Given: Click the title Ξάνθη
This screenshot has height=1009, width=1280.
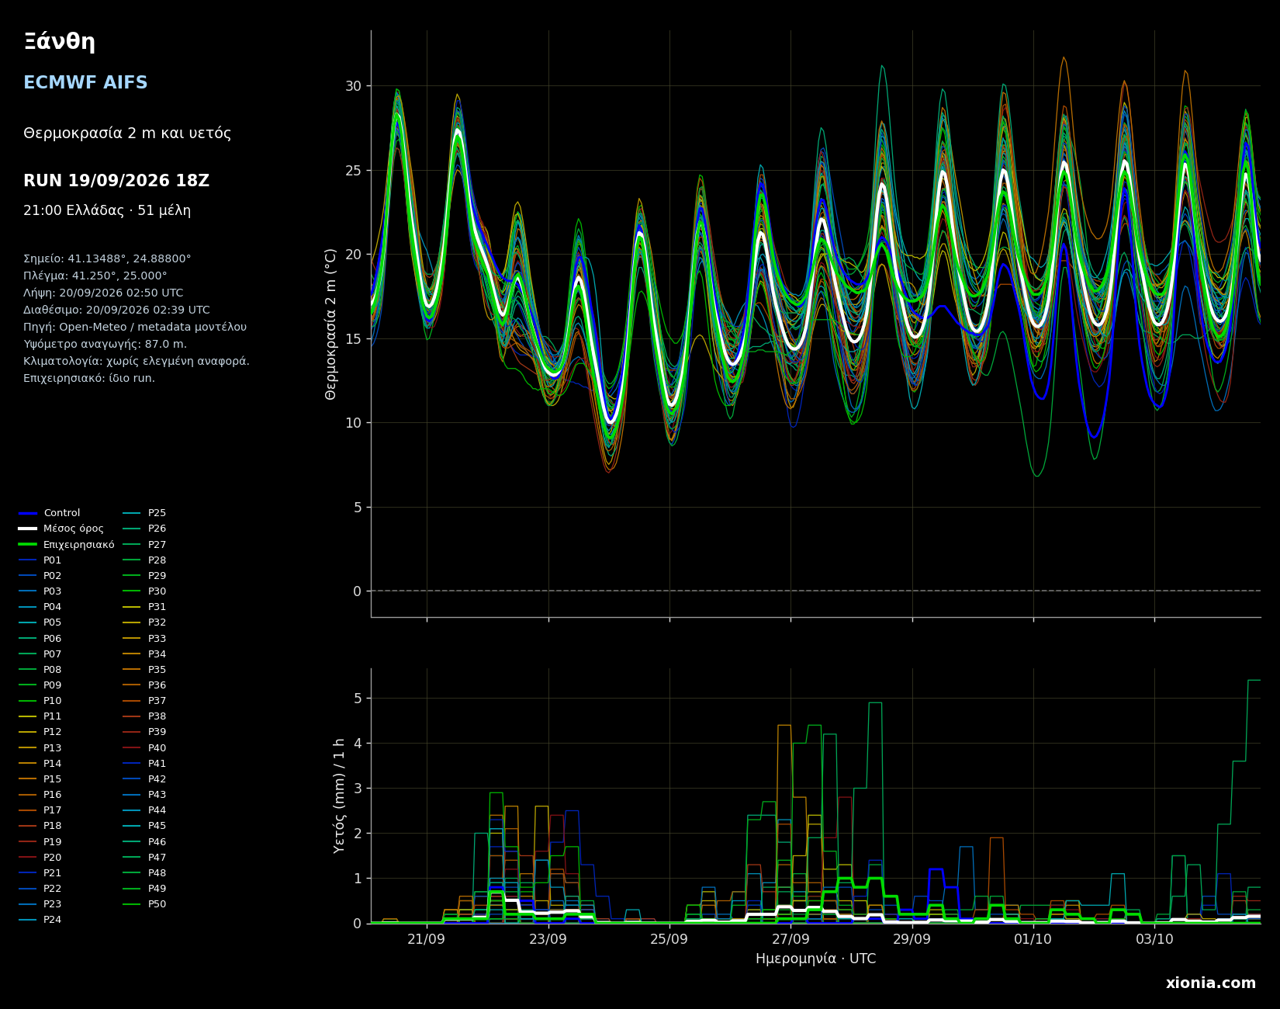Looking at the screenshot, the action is click(x=59, y=42).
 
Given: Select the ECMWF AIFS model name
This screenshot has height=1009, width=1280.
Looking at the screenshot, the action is click(x=85, y=83).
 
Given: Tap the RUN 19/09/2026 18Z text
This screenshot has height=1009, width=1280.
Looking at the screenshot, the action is click(x=116, y=181).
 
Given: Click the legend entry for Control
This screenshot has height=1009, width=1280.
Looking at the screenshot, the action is click(x=50, y=513).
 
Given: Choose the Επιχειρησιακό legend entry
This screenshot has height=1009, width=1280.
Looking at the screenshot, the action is click(x=67, y=545).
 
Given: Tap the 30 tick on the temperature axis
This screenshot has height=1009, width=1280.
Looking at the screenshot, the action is click(x=353, y=85).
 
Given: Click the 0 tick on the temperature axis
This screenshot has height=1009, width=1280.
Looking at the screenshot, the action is click(x=357, y=591).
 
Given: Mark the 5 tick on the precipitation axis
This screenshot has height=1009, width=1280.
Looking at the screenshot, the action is click(x=358, y=698).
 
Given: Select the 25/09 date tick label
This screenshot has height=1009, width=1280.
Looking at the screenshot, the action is click(x=669, y=939).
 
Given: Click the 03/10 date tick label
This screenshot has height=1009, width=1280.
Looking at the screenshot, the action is click(x=1154, y=939).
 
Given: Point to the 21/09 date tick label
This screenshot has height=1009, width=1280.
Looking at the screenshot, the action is click(x=426, y=939).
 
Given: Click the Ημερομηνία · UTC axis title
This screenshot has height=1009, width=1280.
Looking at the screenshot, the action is click(x=815, y=959).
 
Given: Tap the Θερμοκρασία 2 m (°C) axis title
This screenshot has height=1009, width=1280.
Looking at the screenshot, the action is click(x=331, y=324).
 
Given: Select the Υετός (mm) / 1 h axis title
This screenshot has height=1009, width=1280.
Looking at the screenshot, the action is click(x=339, y=796).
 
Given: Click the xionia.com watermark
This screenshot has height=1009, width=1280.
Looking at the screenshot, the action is click(x=1210, y=983).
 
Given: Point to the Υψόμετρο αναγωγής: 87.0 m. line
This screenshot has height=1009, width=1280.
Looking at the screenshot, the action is click(x=105, y=344).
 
